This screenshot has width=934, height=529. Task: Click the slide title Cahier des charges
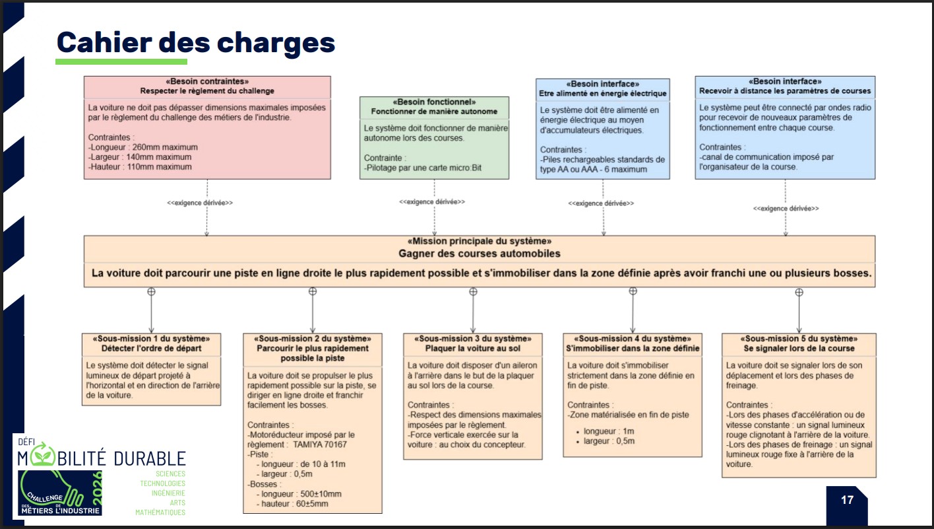click(x=196, y=42)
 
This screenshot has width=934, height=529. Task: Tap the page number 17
click(x=847, y=500)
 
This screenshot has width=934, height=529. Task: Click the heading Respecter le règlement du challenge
click(x=207, y=91)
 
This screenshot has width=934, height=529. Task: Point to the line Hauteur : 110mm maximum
click(x=140, y=167)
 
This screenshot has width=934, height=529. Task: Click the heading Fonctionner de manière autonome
click(x=434, y=112)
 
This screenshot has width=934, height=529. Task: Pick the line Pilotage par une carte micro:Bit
click(x=424, y=168)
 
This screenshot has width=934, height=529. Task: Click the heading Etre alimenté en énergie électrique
click(x=603, y=94)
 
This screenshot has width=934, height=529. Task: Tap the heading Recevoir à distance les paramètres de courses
click(x=785, y=91)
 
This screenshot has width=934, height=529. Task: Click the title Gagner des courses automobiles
click(x=479, y=254)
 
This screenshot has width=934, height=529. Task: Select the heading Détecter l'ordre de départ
click(x=151, y=349)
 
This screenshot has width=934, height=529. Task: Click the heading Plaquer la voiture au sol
click(x=472, y=349)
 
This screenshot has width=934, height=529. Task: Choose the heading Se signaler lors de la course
click(x=799, y=349)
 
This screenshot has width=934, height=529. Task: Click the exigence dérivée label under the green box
click(x=431, y=201)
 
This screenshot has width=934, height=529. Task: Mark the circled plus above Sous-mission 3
click(x=473, y=291)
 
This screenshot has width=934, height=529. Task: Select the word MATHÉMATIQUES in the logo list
click(x=160, y=512)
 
